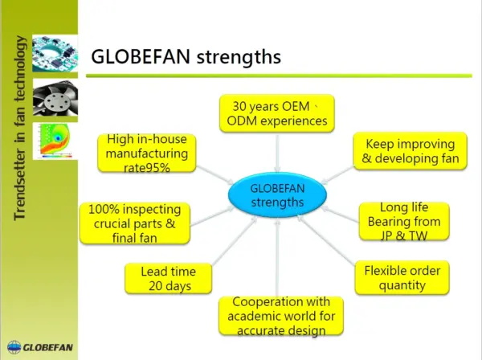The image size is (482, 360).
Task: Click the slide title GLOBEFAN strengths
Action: click(186, 56)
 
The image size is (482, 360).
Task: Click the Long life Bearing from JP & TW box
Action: click(403, 221)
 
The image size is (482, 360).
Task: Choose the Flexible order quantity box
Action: click(402, 277)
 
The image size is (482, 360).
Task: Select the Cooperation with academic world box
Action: click(283, 315)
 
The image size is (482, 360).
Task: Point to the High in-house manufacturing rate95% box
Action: click(147, 153)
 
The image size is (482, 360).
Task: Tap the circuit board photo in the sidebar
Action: click(55, 57)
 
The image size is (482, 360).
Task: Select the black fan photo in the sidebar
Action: click(55, 99)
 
